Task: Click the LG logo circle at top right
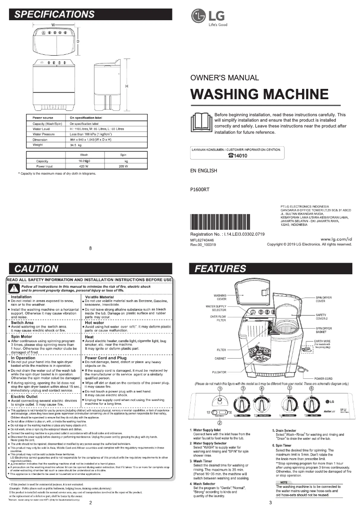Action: (x=198, y=16)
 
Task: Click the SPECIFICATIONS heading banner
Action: (x=90, y=14)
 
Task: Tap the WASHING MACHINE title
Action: (x=259, y=94)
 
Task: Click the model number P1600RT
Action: (x=200, y=189)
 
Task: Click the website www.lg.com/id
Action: (x=337, y=239)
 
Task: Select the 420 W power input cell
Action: (x=84, y=166)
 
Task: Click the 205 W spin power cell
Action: (x=123, y=166)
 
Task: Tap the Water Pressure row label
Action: (x=44, y=134)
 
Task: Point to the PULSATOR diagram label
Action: (x=219, y=372)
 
